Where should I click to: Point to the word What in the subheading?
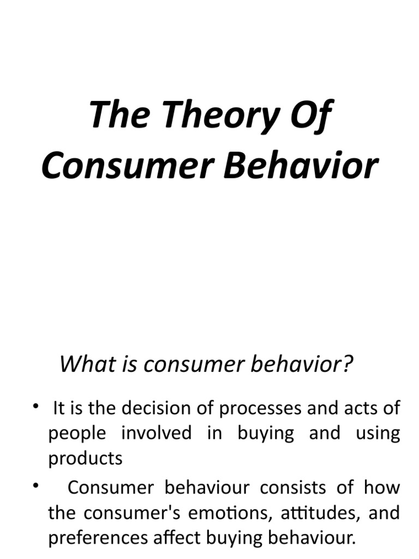[81, 364]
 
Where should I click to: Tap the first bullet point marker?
[36, 406]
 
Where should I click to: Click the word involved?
[157, 433]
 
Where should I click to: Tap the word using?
[378, 433]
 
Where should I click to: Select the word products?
[86, 459]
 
